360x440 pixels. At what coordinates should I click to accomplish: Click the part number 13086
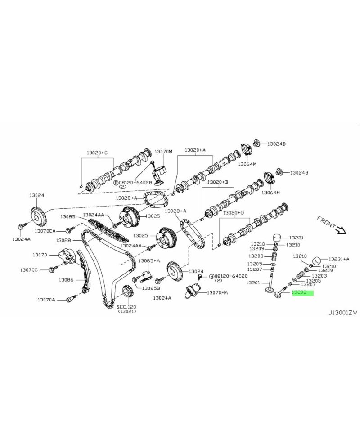pyautogui.click(x=66, y=279)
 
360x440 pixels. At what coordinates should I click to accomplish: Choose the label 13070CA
pyautogui.click(x=45, y=231)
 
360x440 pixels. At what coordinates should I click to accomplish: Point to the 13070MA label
pyautogui.click(x=218, y=292)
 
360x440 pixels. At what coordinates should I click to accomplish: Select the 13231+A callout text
pyautogui.click(x=339, y=259)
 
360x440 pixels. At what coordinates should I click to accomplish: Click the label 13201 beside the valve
pyautogui.click(x=253, y=283)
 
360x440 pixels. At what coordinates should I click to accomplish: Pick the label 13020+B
pyautogui.click(x=218, y=182)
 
